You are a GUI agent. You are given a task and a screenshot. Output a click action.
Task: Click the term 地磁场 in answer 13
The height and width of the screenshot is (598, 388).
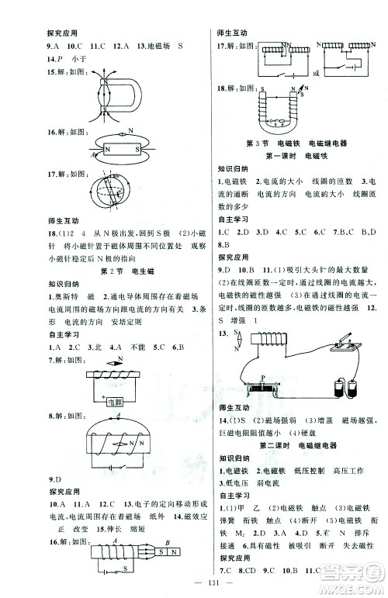[147, 46]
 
